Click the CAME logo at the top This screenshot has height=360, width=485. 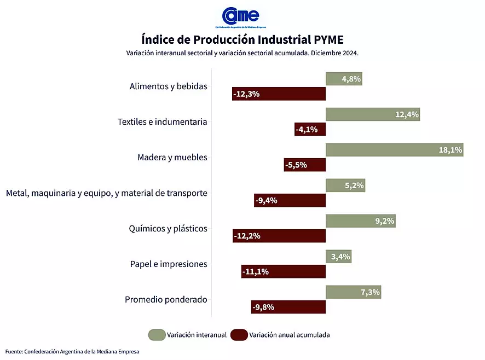coord(240,16)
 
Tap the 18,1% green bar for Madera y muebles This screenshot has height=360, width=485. coord(394,150)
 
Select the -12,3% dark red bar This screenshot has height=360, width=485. coord(279,94)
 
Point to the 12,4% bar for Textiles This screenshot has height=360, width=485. coord(372,114)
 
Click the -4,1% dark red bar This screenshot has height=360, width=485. coord(310,130)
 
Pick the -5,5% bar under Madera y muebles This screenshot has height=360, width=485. coord(304,165)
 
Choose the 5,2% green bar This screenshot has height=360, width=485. coord(345,185)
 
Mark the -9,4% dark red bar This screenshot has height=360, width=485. coord(290,201)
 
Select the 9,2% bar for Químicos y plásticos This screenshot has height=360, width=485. coord(360,221)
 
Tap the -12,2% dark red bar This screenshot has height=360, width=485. coord(279,236)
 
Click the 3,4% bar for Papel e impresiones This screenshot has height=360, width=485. coord(338,256)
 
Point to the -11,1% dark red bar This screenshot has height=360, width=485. coord(283,272)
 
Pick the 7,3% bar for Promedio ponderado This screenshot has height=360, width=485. coord(353,292)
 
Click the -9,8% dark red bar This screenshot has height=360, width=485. coord(288,307)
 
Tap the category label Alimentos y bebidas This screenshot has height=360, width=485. coord(168,86)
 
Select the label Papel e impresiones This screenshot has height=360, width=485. coord(168,264)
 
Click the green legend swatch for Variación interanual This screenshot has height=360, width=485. coord(157,335)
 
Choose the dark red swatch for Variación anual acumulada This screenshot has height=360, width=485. coord(239,335)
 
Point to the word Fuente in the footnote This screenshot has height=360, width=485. coord(14,352)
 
